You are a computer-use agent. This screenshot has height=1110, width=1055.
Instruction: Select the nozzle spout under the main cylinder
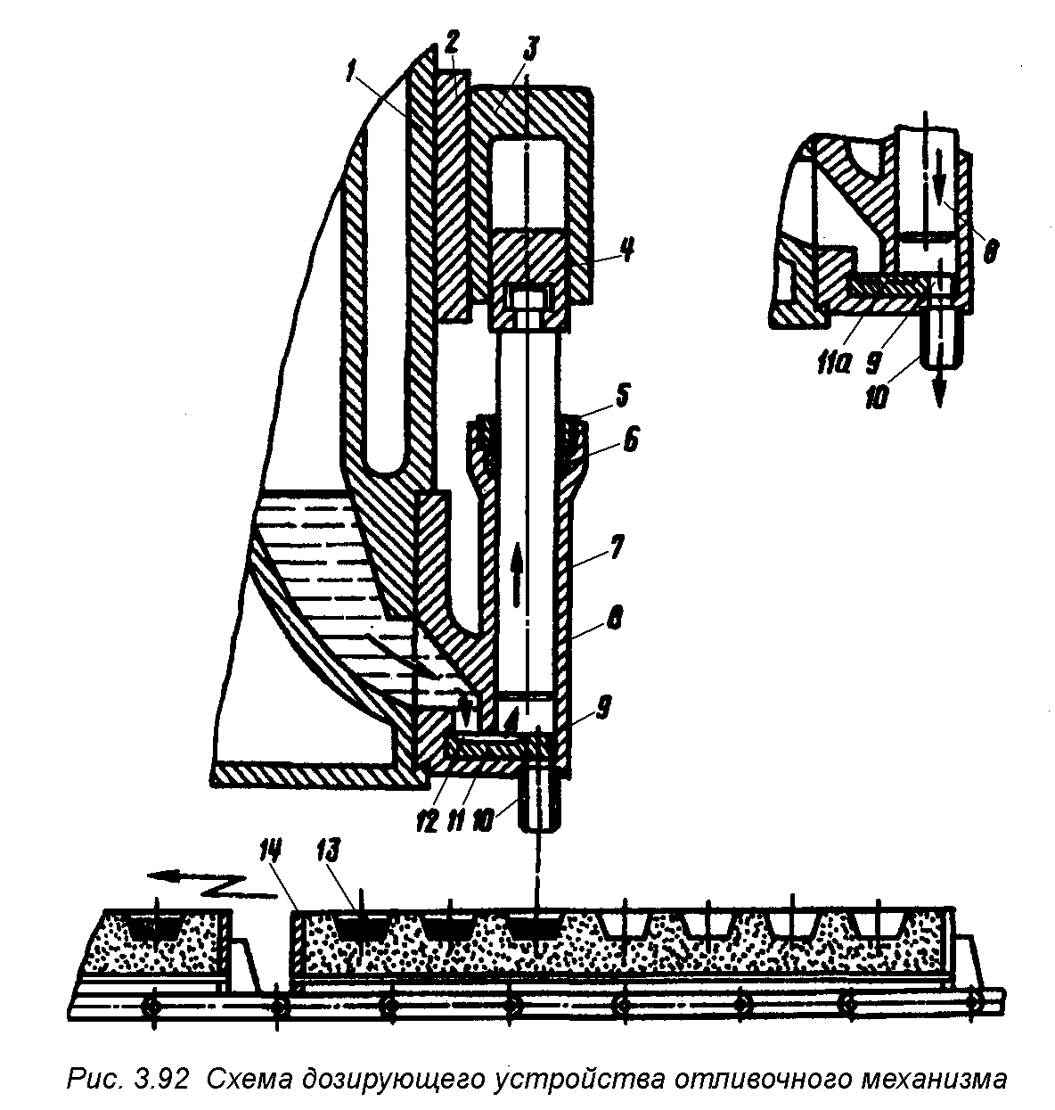[539, 799]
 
